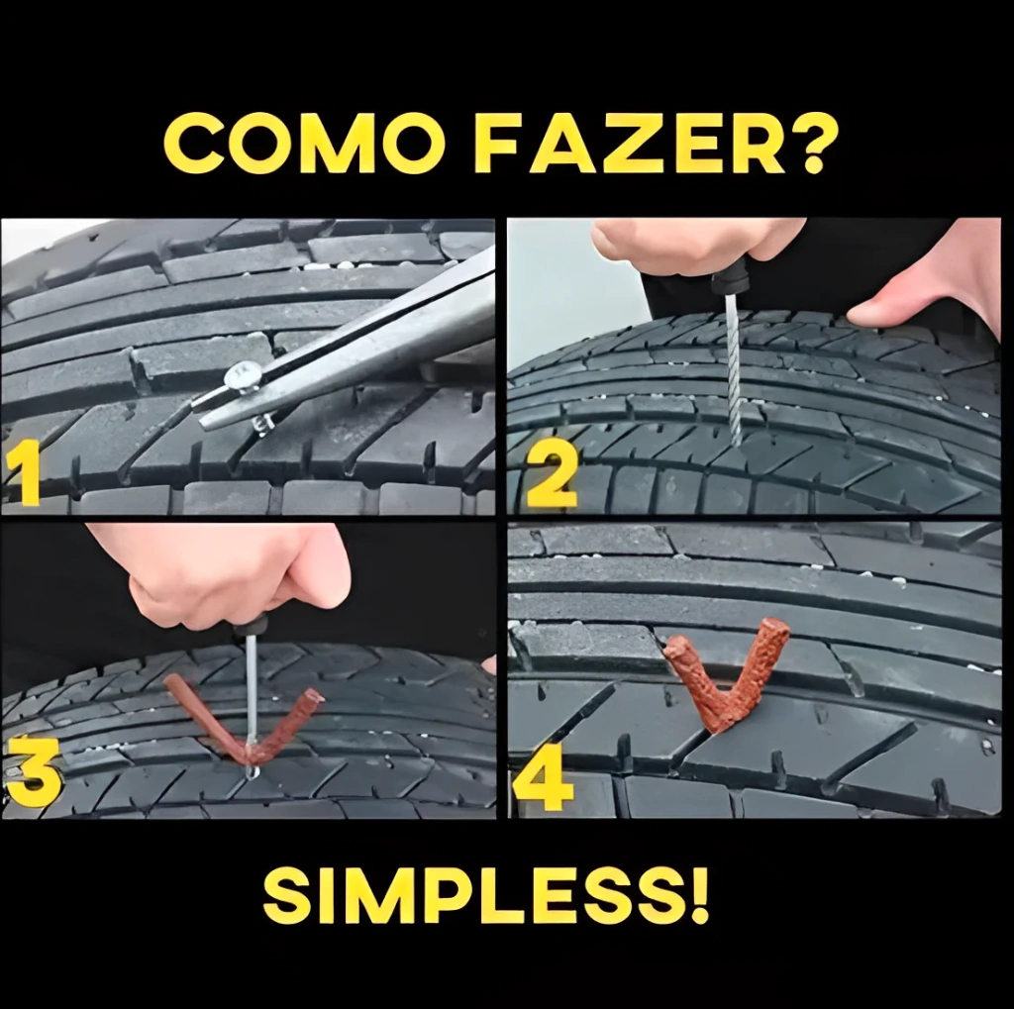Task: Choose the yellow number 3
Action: [x=34, y=774]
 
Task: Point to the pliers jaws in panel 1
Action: [x=343, y=343]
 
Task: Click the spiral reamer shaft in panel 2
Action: [x=733, y=368]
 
